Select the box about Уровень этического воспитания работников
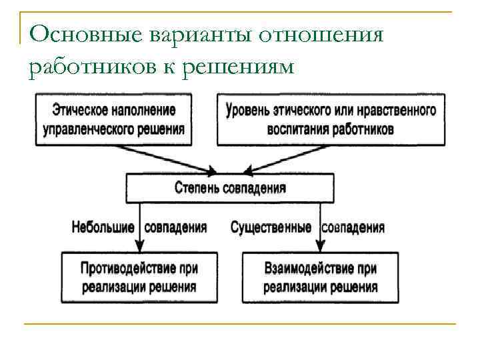331,119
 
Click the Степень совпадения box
230,187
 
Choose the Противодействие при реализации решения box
139,277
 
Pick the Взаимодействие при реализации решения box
320,277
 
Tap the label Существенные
271,227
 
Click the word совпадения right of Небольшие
176,227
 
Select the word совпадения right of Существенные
354,227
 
